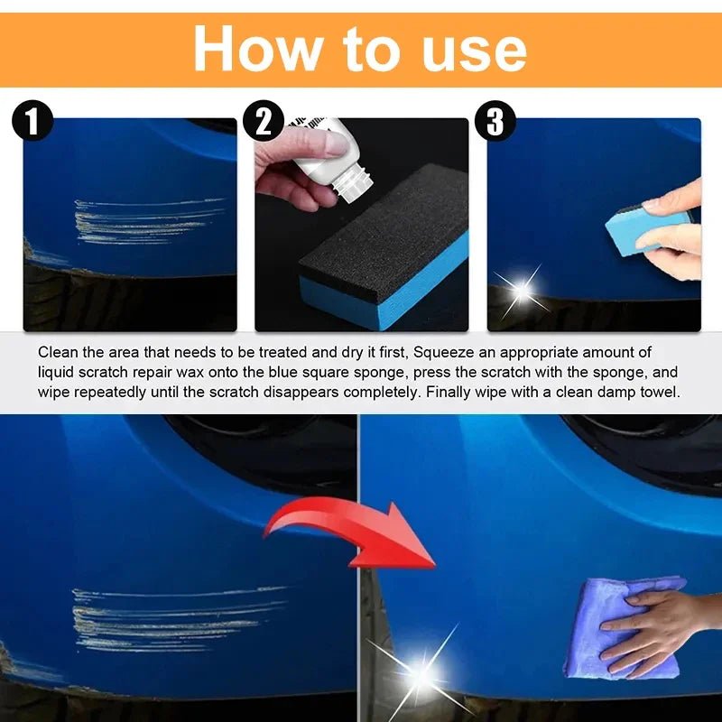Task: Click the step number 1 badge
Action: (x=33, y=122)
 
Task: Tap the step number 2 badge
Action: (x=264, y=122)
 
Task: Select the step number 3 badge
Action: (x=495, y=122)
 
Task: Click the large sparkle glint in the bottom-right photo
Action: (x=422, y=672)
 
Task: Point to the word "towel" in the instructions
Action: (x=661, y=393)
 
